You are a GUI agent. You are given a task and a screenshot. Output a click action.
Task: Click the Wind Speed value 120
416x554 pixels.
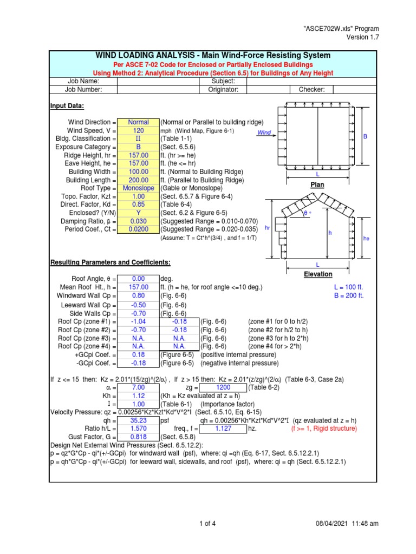pos(138,131)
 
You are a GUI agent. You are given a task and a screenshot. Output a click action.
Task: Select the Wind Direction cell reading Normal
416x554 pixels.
pos(138,122)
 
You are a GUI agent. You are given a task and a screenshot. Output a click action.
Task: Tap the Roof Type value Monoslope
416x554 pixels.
pos(138,188)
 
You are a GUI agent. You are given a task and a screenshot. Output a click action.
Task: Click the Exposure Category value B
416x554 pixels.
pos(138,147)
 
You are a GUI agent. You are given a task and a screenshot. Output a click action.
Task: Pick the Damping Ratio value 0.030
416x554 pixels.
pos(138,221)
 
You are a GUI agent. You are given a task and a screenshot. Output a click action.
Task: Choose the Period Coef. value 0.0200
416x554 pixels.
pos(138,229)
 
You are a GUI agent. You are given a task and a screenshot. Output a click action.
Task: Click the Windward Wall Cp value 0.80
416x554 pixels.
pos(138,296)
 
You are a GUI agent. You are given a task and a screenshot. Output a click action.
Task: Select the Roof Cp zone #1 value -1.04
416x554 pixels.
pos(138,321)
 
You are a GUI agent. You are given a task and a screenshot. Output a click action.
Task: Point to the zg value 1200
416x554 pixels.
pos(223,388)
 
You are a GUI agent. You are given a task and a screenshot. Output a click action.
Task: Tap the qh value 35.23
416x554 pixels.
pos(138,420)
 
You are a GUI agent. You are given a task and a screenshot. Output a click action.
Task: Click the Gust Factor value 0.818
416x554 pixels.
pos(138,437)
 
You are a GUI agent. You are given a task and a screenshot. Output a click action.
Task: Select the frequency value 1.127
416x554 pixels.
pos(223,428)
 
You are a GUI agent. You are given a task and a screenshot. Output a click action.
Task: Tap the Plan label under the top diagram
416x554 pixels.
pos(317,184)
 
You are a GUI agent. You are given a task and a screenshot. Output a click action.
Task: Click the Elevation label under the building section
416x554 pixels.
pos(318,274)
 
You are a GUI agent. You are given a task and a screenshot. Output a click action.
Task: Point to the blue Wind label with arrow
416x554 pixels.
pos(264,133)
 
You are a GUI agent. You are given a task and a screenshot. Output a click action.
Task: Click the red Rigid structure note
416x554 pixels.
pos(324,428)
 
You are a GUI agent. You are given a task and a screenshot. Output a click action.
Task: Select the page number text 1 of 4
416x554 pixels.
pos(207,523)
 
